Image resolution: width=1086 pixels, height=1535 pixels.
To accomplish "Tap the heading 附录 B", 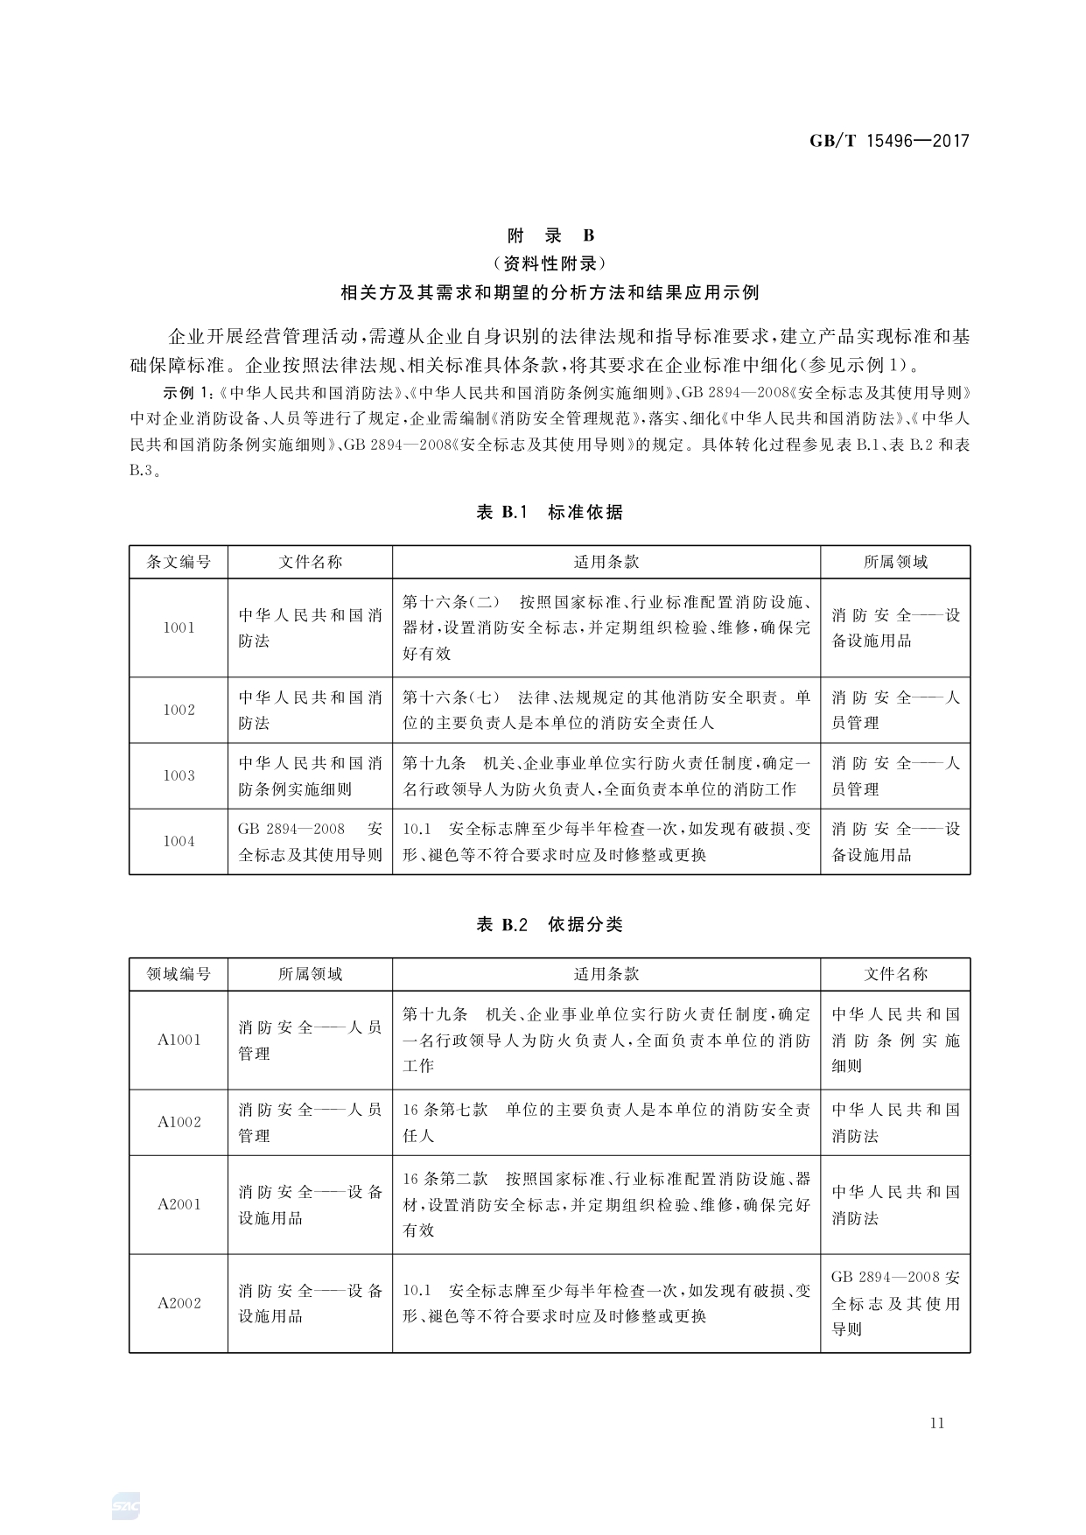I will tap(550, 235).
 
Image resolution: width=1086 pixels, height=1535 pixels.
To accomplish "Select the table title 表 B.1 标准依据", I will tap(550, 512).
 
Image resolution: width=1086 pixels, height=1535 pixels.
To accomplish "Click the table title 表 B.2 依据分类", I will tap(550, 924).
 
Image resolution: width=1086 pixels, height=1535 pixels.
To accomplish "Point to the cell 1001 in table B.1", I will tap(179, 627).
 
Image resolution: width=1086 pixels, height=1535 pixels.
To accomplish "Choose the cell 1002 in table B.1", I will tap(179, 710).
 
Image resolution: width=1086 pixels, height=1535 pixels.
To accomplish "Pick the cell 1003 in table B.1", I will tap(179, 775).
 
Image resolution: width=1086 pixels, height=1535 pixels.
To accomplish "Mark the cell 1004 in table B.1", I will tap(179, 841).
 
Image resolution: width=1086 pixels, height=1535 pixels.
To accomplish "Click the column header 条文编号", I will tap(179, 562).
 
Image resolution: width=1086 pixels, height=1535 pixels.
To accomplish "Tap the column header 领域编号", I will tap(179, 974).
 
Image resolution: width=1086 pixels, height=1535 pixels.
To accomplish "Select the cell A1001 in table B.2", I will tap(179, 1040).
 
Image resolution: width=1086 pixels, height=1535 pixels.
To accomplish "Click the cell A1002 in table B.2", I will tap(179, 1122).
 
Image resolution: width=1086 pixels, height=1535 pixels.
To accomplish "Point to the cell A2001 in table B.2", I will tap(179, 1204).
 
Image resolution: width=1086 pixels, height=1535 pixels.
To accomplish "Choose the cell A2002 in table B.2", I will tap(179, 1303).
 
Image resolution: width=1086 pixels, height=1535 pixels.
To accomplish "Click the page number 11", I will tap(937, 1423).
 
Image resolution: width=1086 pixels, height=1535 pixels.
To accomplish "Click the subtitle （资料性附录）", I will tap(550, 263).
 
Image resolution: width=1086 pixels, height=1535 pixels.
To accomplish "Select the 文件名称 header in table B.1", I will tap(310, 562).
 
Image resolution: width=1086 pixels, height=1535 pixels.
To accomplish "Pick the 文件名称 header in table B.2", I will tap(895, 974).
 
